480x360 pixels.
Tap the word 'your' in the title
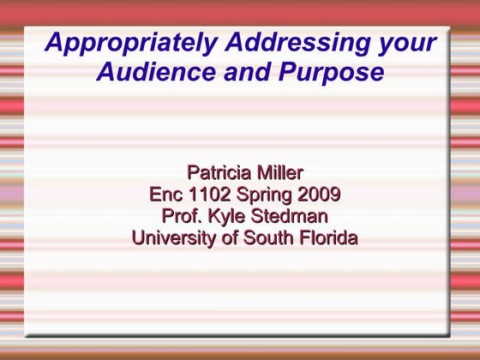point(407,43)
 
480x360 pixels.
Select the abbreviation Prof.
point(179,216)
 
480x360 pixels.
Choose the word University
point(174,238)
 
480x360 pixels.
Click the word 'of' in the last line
point(230,238)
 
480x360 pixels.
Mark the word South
point(267,238)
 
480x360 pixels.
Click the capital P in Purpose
point(291,72)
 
